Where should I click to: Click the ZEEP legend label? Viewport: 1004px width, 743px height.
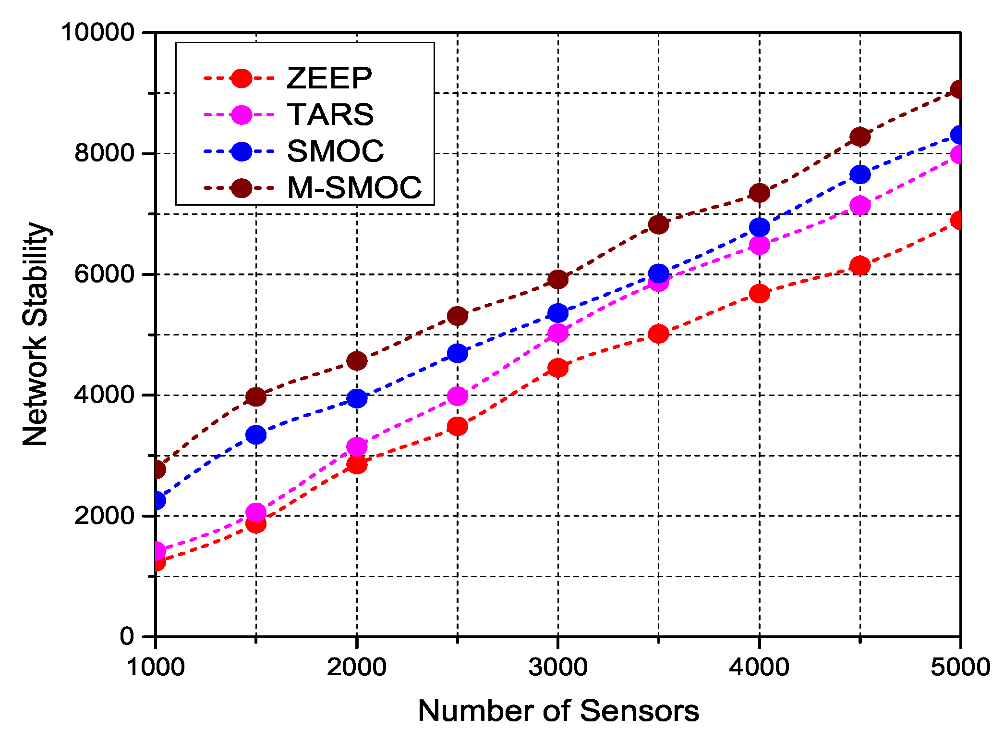pos(329,78)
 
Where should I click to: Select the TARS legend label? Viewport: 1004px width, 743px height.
pos(330,114)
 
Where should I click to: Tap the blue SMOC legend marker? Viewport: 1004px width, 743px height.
pos(241,151)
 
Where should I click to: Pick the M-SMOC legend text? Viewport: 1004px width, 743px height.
pos(354,187)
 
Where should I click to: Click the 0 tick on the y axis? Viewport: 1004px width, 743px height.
pos(127,636)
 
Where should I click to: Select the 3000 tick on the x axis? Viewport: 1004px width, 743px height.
pos(558,667)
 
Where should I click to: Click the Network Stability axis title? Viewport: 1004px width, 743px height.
pos(36,334)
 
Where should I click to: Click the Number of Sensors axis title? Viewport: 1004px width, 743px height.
pos(558,711)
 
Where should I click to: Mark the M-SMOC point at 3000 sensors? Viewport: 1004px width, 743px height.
pos(558,279)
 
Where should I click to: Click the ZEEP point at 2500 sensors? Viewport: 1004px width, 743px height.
pos(457,426)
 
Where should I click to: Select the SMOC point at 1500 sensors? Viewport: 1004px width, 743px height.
pos(256,435)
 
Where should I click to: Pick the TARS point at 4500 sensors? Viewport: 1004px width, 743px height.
pos(859,205)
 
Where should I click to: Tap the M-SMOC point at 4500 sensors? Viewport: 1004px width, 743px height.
pos(859,137)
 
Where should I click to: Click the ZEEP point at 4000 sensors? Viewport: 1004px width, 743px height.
pos(759,293)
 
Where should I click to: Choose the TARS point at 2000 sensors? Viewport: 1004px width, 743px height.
pos(357,446)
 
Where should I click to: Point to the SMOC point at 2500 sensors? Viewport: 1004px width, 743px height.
pos(457,353)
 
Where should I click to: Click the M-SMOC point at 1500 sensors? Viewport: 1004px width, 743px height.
pos(256,396)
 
